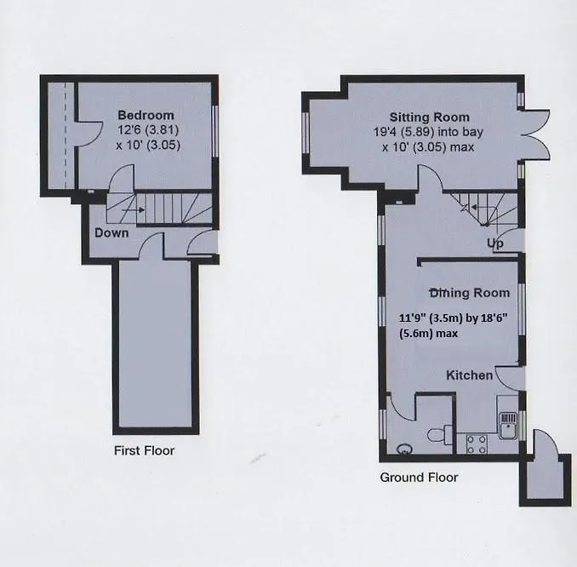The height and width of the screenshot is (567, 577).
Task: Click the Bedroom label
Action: point(146,115)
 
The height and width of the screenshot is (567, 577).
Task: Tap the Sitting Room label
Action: point(430,117)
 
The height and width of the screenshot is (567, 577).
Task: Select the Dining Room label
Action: point(470,293)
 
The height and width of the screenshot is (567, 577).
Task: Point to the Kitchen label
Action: point(469,375)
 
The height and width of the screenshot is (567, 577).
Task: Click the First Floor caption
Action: point(145,450)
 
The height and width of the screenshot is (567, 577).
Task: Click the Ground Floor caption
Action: point(419,477)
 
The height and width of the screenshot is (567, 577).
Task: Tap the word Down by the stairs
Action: point(111,232)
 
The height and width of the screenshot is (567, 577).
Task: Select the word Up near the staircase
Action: point(495,243)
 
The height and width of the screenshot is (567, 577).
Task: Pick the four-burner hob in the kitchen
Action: point(477,444)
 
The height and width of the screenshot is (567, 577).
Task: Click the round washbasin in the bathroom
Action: point(405,449)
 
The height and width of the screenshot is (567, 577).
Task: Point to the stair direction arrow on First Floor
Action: point(133,210)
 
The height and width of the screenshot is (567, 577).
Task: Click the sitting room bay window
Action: point(305,132)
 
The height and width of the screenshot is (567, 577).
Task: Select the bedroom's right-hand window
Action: point(215,132)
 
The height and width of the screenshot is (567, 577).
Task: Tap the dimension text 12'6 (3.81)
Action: point(148,130)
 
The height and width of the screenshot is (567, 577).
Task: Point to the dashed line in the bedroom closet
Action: point(66,135)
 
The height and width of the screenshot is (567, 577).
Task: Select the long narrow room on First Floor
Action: point(156,346)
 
